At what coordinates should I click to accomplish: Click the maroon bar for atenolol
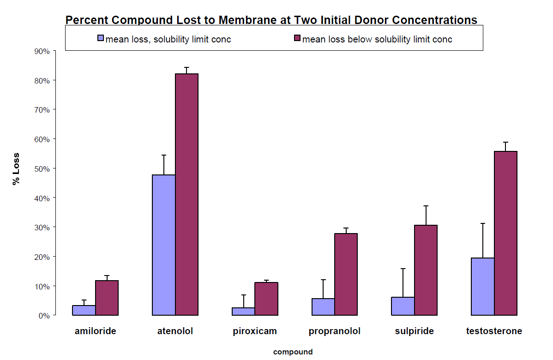[x=186, y=194]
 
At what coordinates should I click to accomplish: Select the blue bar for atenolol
[x=164, y=245]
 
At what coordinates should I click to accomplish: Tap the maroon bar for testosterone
[x=505, y=233]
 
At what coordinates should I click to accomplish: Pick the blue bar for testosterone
[x=483, y=286]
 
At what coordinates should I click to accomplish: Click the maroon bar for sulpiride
[x=426, y=270]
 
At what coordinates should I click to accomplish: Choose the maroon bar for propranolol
[x=346, y=274]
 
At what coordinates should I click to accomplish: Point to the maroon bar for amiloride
[x=107, y=298]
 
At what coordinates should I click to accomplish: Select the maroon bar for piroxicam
[x=266, y=299]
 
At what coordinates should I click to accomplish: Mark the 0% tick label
[x=44, y=315]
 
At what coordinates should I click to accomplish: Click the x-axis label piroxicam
[x=255, y=331]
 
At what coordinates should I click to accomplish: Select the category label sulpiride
[x=414, y=331]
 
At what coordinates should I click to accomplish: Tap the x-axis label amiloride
[x=96, y=331]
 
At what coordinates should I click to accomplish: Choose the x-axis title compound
[x=293, y=352]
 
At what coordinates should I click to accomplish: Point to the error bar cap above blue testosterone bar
[x=483, y=223]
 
